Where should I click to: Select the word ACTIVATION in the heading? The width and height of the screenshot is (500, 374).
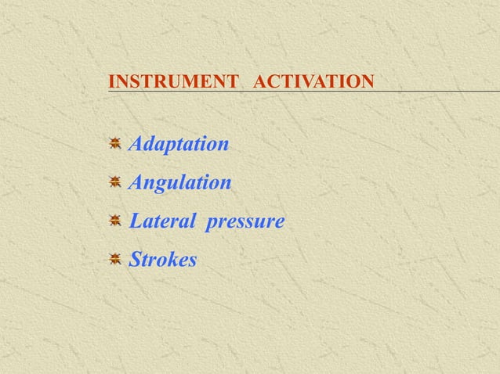point(313,81)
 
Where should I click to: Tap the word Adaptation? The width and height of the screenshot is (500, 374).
point(179,145)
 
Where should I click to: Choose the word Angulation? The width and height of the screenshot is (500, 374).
point(180,183)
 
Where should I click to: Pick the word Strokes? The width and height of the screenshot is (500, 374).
point(163,260)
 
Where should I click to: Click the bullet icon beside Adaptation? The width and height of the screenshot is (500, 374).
point(114,144)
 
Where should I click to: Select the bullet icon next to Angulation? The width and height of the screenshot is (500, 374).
point(114,182)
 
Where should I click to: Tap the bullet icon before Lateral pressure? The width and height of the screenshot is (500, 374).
point(114,221)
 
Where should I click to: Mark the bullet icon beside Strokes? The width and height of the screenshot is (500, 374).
point(114,259)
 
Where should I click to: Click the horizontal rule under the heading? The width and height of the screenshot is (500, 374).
point(313,92)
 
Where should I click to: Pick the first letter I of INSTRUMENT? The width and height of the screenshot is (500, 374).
point(112,81)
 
